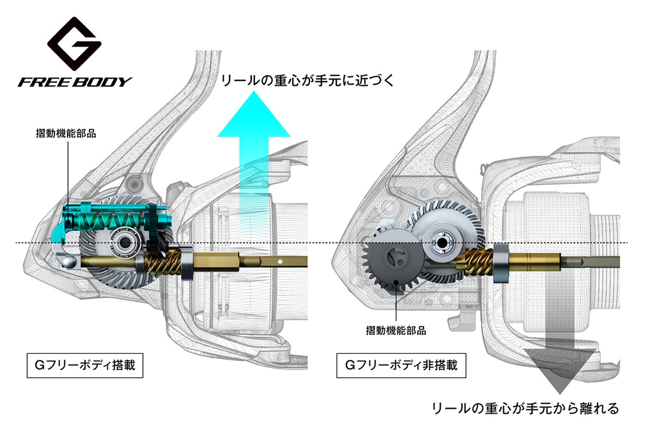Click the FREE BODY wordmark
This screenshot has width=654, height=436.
pyautogui.click(x=75, y=82)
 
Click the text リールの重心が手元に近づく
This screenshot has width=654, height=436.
pyautogui.click(x=306, y=81)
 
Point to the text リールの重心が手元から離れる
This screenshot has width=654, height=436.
pyautogui.click(x=525, y=408)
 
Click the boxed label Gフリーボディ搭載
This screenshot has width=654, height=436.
pyautogui.click(x=84, y=367)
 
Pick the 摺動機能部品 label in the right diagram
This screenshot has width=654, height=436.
pyautogui.click(x=396, y=330)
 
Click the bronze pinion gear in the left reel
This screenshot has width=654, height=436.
pyautogui.click(x=164, y=262)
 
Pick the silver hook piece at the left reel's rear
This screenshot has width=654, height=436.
pyautogui.click(x=65, y=256)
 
